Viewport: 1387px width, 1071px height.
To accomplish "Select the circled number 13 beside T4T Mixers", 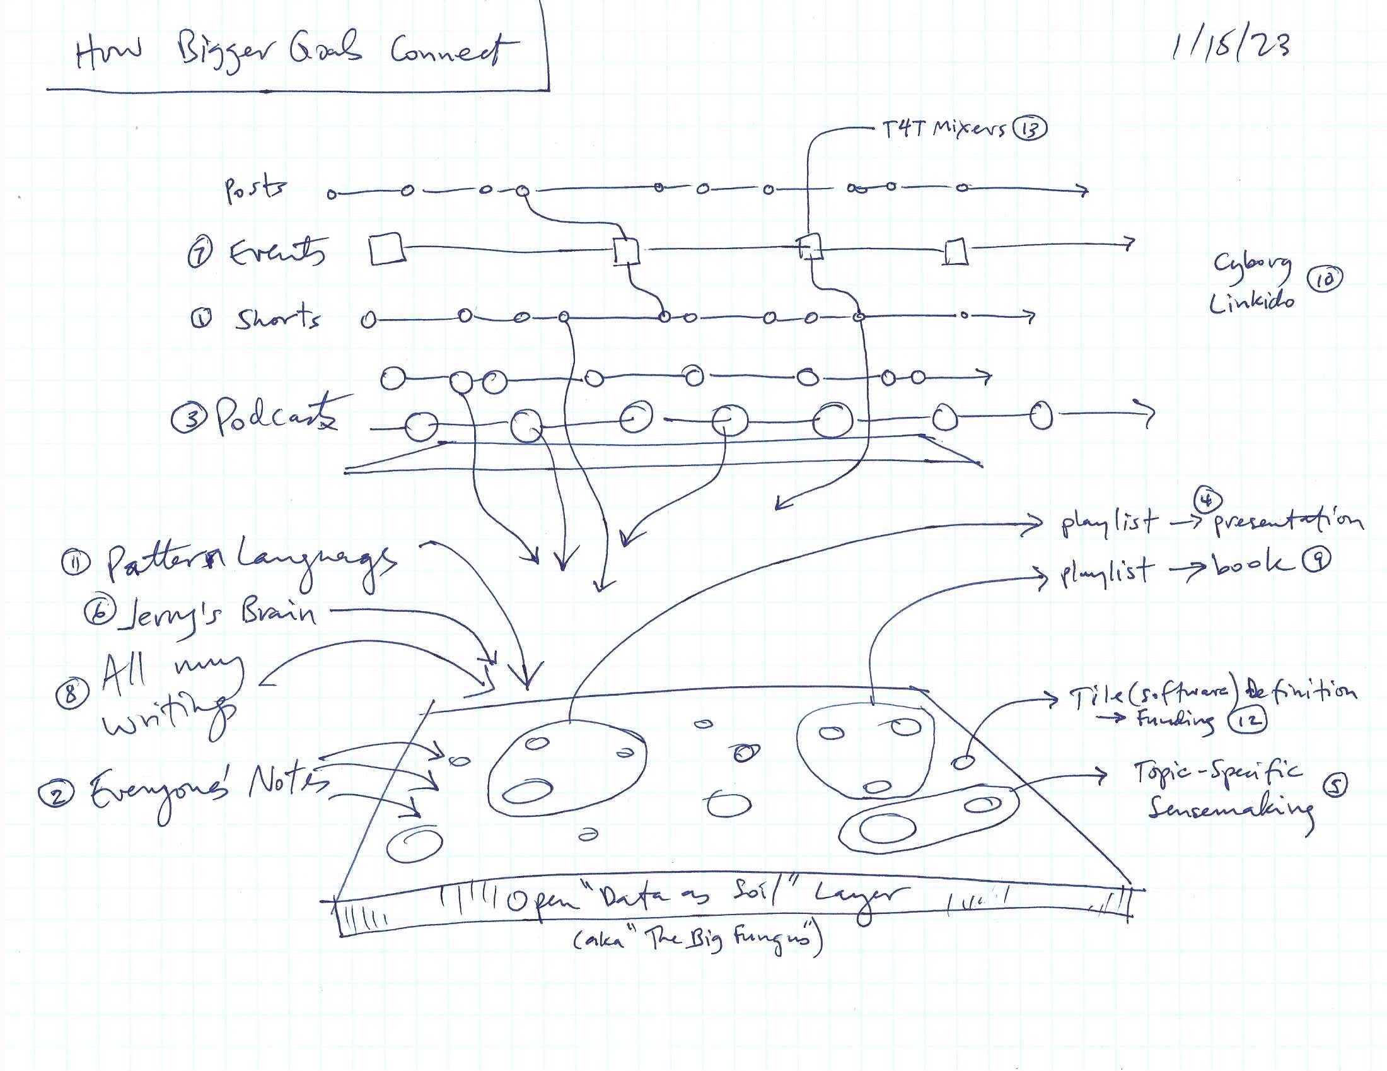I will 1030,129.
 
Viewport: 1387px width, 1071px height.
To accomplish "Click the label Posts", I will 255,189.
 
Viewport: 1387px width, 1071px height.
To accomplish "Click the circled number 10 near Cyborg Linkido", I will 1324,280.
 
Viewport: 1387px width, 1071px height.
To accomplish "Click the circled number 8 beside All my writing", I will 71,693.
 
